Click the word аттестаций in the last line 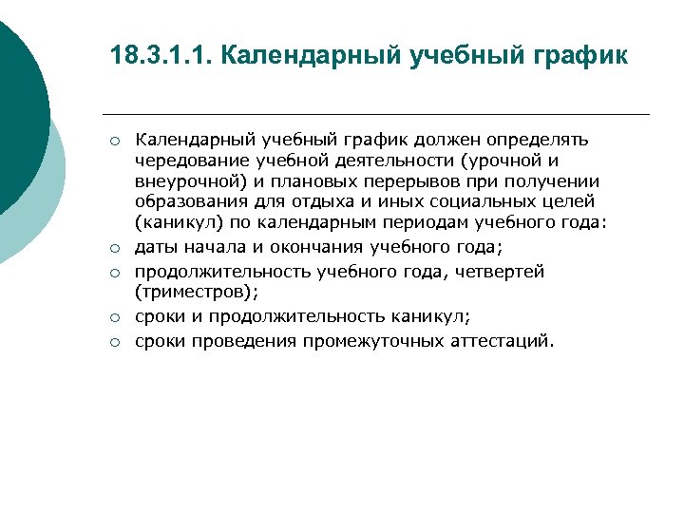pos(498,341)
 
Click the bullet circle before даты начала pos(113,248)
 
